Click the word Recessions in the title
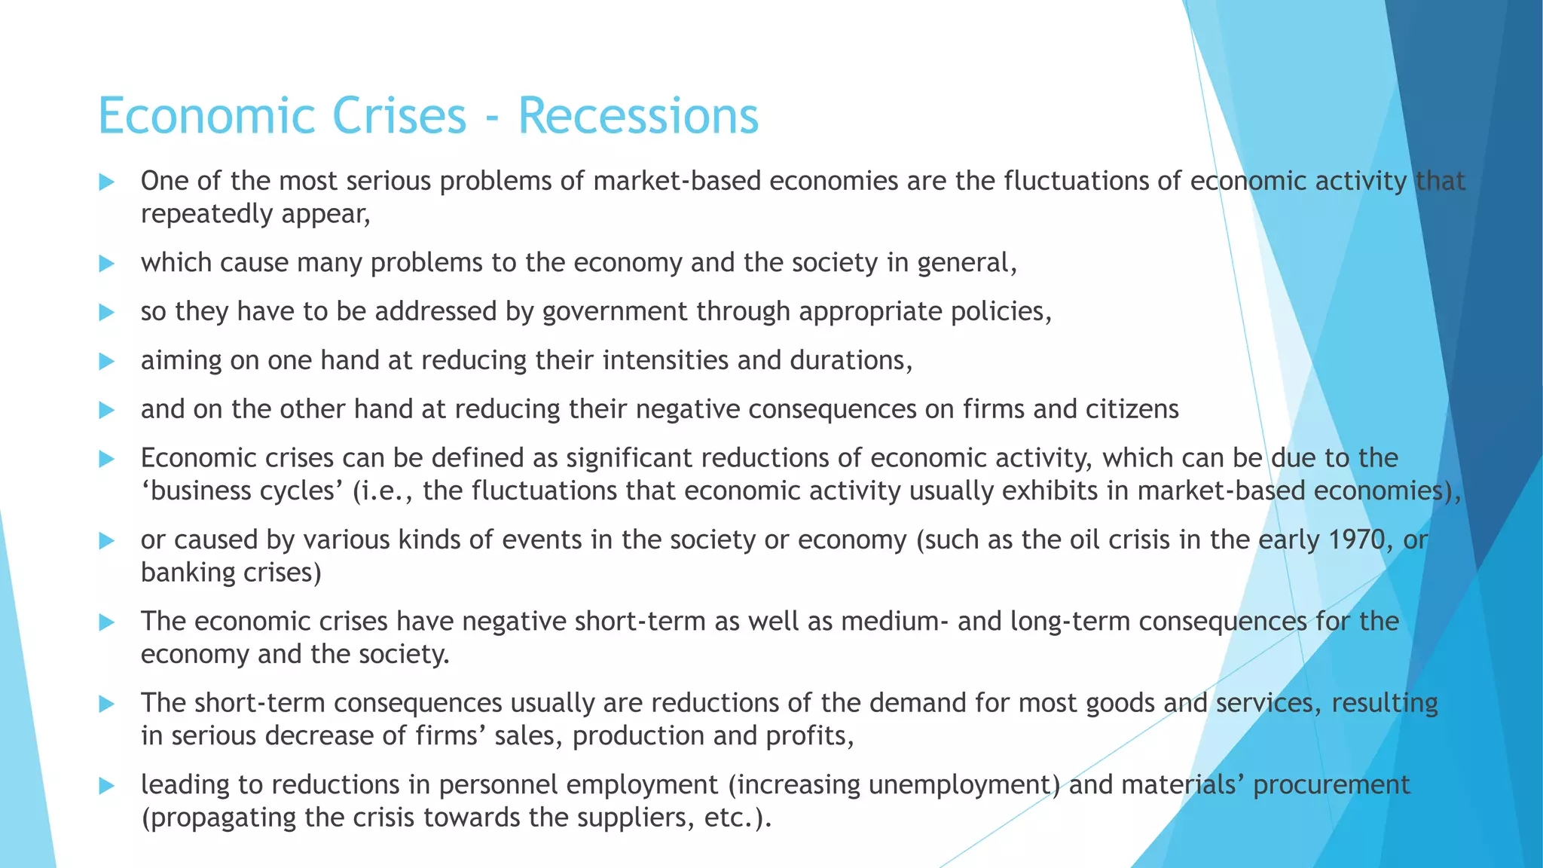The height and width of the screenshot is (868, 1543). coord(638,117)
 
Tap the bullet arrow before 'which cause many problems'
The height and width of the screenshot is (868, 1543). coord(107,264)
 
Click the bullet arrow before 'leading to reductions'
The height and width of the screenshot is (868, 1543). coord(107,786)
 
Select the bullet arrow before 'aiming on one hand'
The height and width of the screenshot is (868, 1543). coord(107,362)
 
